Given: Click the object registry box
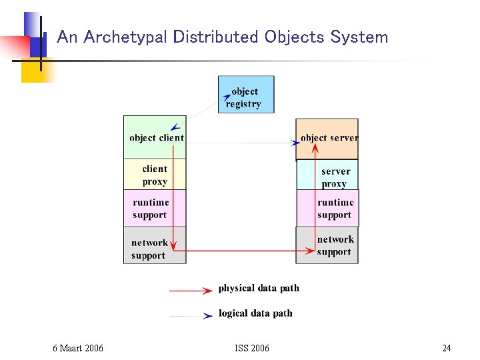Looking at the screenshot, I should tap(245, 95).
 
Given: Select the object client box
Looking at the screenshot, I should tap(155, 137).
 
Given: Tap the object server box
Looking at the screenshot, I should tap(327, 138).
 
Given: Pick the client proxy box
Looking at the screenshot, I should tap(155, 175).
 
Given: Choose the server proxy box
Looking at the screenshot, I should tap(327, 176).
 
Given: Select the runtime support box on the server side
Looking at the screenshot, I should tap(327, 208).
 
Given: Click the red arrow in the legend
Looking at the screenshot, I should tap(191, 291).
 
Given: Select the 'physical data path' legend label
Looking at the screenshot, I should tap(259, 289).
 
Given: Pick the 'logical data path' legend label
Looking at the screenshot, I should tap(255, 313).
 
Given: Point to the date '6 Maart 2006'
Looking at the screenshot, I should tap(78, 348).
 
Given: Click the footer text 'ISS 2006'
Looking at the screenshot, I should tap(252, 348).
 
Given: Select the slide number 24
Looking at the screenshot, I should tap(446, 348).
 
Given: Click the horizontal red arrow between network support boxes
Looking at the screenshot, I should tap(240, 251).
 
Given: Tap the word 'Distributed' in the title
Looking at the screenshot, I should tap(216, 37).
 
